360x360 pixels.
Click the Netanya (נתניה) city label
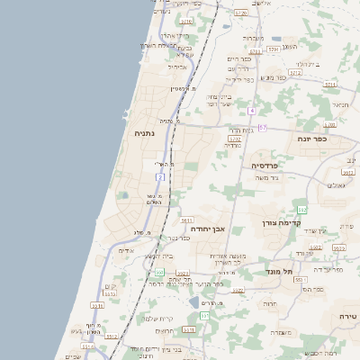pyautogui.click(x=144, y=133)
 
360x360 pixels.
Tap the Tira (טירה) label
pyautogui.click(x=348, y=317)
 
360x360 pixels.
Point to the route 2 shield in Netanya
pyautogui.click(x=160, y=178)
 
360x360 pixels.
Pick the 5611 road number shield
pyautogui.click(x=187, y=220)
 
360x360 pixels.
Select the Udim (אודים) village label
pyautogui.click(x=126, y=251)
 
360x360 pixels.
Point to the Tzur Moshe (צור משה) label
pyautogui.click(x=269, y=178)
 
